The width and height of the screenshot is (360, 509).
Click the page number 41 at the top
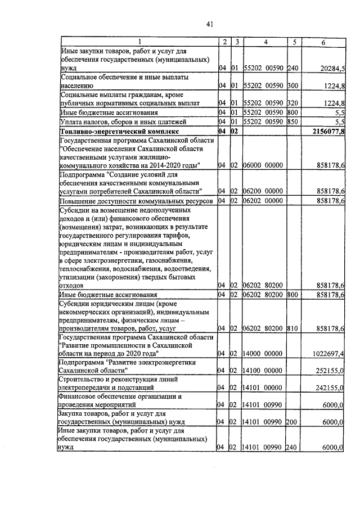coord(209,24)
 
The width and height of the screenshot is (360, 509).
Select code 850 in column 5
coord(292,122)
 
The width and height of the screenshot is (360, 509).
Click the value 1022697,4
coord(327,353)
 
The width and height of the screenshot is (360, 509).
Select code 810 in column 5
coord(292,327)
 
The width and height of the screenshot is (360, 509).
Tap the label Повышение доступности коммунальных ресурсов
coord(136,200)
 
